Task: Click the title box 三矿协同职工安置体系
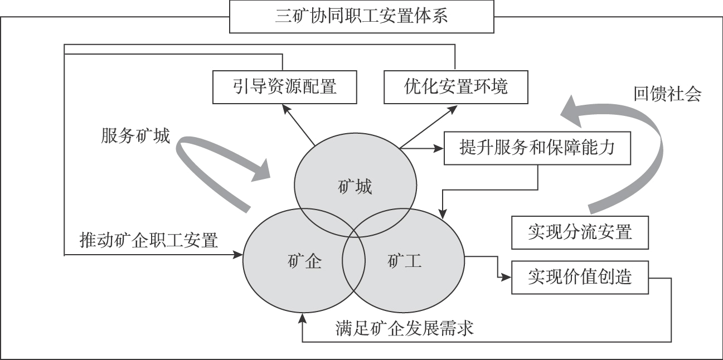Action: coord(362,16)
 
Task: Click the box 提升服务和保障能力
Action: coord(537,148)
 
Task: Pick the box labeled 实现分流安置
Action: coord(580,232)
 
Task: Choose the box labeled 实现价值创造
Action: coord(580,277)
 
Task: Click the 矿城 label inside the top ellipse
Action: coord(355,187)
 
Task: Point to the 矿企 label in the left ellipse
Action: coord(305,261)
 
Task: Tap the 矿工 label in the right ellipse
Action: coord(404,261)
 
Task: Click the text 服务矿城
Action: coord(135,136)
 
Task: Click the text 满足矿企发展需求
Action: coord(405,328)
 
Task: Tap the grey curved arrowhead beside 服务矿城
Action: coord(261,170)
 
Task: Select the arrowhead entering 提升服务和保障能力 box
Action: coord(439,149)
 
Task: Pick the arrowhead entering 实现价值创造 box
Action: coord(507,277)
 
